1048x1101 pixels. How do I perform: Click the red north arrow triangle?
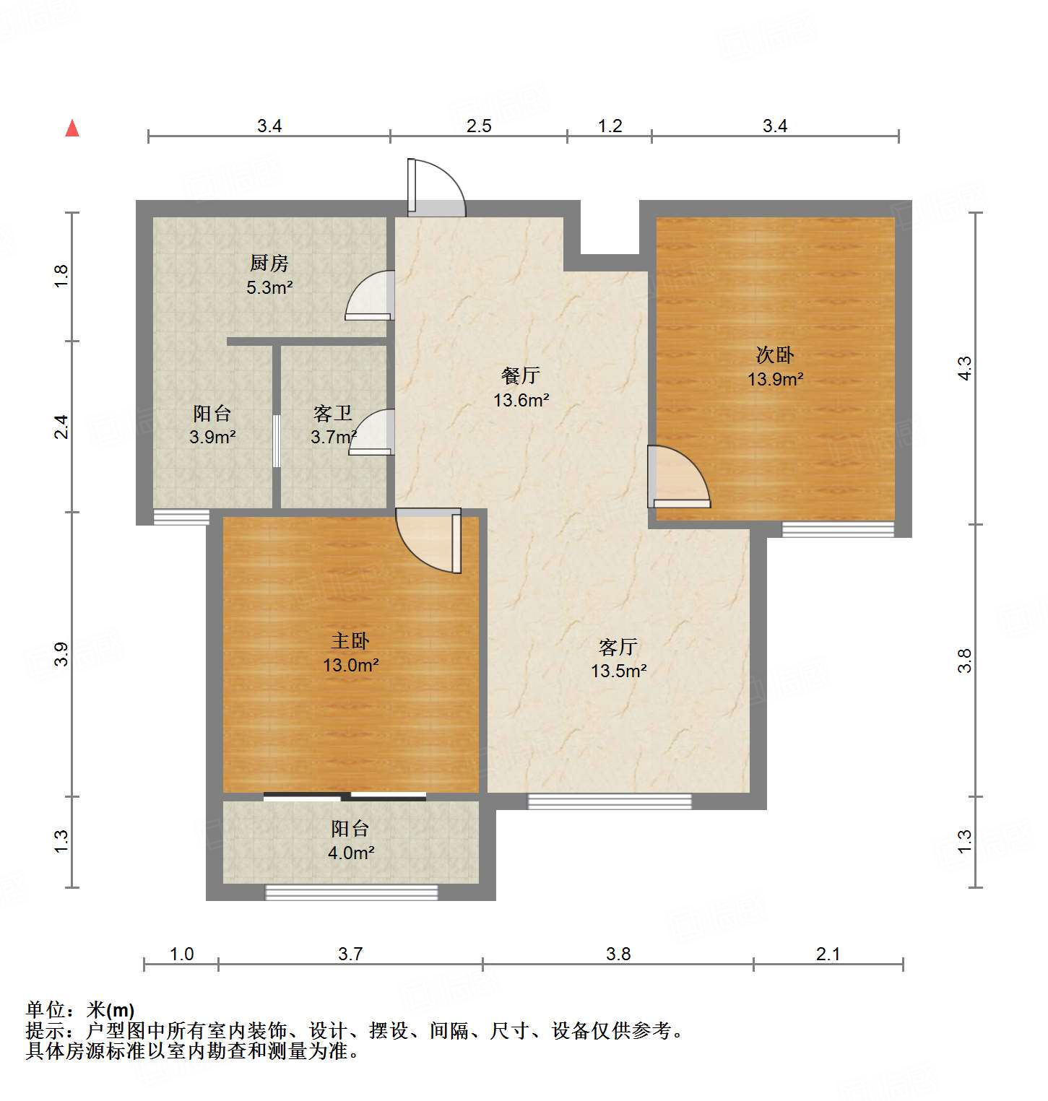(72, 129)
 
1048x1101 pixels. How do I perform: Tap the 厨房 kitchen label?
(269, 264)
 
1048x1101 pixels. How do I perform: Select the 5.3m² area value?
(269, 287)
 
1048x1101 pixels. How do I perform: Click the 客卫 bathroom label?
(333, 414)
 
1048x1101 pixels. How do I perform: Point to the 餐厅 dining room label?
(521, 375)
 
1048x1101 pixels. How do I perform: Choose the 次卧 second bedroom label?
(775, 354)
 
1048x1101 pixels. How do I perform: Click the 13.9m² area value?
(776, 379)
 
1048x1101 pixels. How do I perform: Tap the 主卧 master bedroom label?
(350, 640)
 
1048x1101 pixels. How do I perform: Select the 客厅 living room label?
(618, 646)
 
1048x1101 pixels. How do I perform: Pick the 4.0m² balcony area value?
(351, 853)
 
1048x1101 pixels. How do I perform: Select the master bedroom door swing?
(430, 540)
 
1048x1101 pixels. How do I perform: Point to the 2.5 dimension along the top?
(479, 126)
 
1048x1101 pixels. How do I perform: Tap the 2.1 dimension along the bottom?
(828, 954)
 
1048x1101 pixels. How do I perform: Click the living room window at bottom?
(610, 801)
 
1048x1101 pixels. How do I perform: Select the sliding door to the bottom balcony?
(345, 796)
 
